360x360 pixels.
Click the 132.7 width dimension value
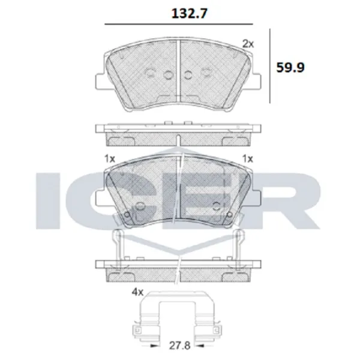point(190,13)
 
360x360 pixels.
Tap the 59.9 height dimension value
point(290,67)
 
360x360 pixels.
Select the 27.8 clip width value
point(180,346)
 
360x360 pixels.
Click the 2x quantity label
point(248,44)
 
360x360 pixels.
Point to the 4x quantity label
point(137,292)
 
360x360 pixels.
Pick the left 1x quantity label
point(110,158)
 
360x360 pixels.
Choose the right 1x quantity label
point(248,158)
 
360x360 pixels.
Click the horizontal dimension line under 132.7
point(179,24)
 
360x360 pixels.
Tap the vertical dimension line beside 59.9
point(270,66)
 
